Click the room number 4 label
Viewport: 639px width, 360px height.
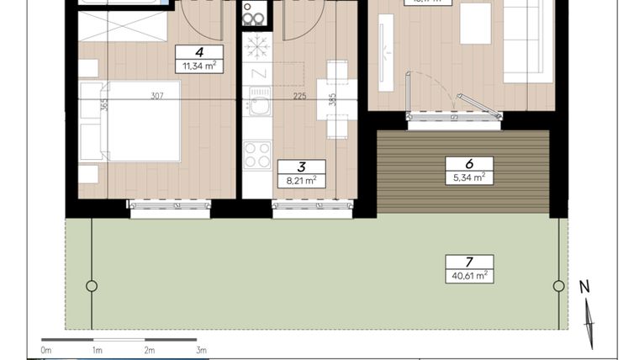[199, 51]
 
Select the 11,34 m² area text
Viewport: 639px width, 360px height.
[199, 65]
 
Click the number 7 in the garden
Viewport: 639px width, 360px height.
[469, 261]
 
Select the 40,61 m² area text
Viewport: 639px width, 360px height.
[469, 275]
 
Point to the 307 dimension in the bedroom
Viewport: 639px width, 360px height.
[157, 95]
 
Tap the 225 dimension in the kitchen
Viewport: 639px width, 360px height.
[299, 95]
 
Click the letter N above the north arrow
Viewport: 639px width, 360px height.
[584, 287]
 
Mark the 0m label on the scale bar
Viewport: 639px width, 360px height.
[46, 350]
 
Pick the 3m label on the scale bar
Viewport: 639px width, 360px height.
[200, 350]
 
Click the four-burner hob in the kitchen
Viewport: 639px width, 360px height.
[256, 155]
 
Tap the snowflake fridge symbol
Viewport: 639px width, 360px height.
[256, 46]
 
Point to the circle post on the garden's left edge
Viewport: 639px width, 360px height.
[92, 286]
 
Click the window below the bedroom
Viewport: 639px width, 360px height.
[171, 207]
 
